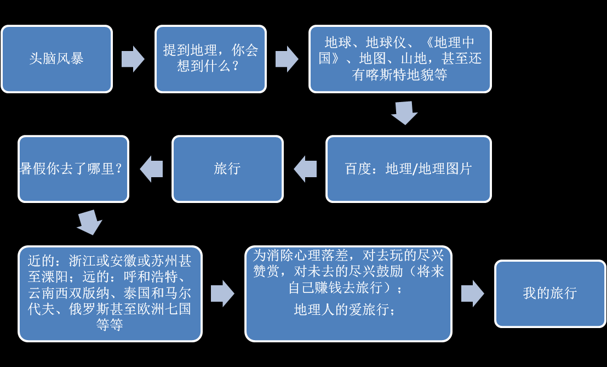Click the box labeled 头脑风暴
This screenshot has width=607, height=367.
56,59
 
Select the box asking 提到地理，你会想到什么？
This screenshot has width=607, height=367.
210,59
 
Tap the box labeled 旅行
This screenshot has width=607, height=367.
228,169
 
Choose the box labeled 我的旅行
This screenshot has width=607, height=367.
550,293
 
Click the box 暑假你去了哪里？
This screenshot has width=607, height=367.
73,169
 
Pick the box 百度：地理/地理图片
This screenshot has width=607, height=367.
408,169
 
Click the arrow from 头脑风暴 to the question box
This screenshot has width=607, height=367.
133,59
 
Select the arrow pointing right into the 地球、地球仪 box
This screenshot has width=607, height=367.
287,59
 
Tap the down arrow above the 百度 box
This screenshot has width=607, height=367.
404,113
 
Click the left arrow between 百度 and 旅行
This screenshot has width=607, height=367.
305,169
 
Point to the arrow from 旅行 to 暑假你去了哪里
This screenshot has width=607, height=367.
151,169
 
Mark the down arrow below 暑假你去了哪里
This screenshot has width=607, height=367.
89,222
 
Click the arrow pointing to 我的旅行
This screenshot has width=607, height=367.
473,293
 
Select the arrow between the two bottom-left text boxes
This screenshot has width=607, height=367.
222,293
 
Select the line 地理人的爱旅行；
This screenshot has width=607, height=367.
345,309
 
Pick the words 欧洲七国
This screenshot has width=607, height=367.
164,309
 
